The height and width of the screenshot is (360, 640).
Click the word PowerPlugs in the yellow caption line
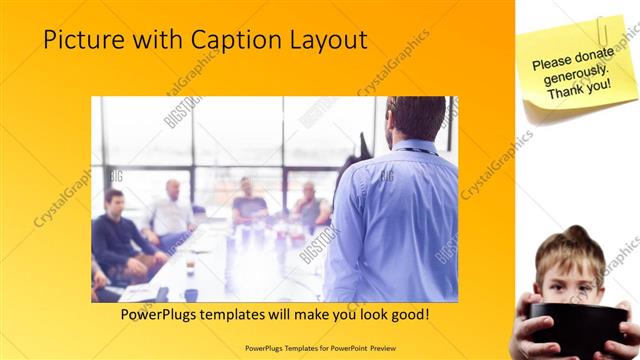coord(163,315)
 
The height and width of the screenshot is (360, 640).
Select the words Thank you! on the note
coord(578,89)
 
